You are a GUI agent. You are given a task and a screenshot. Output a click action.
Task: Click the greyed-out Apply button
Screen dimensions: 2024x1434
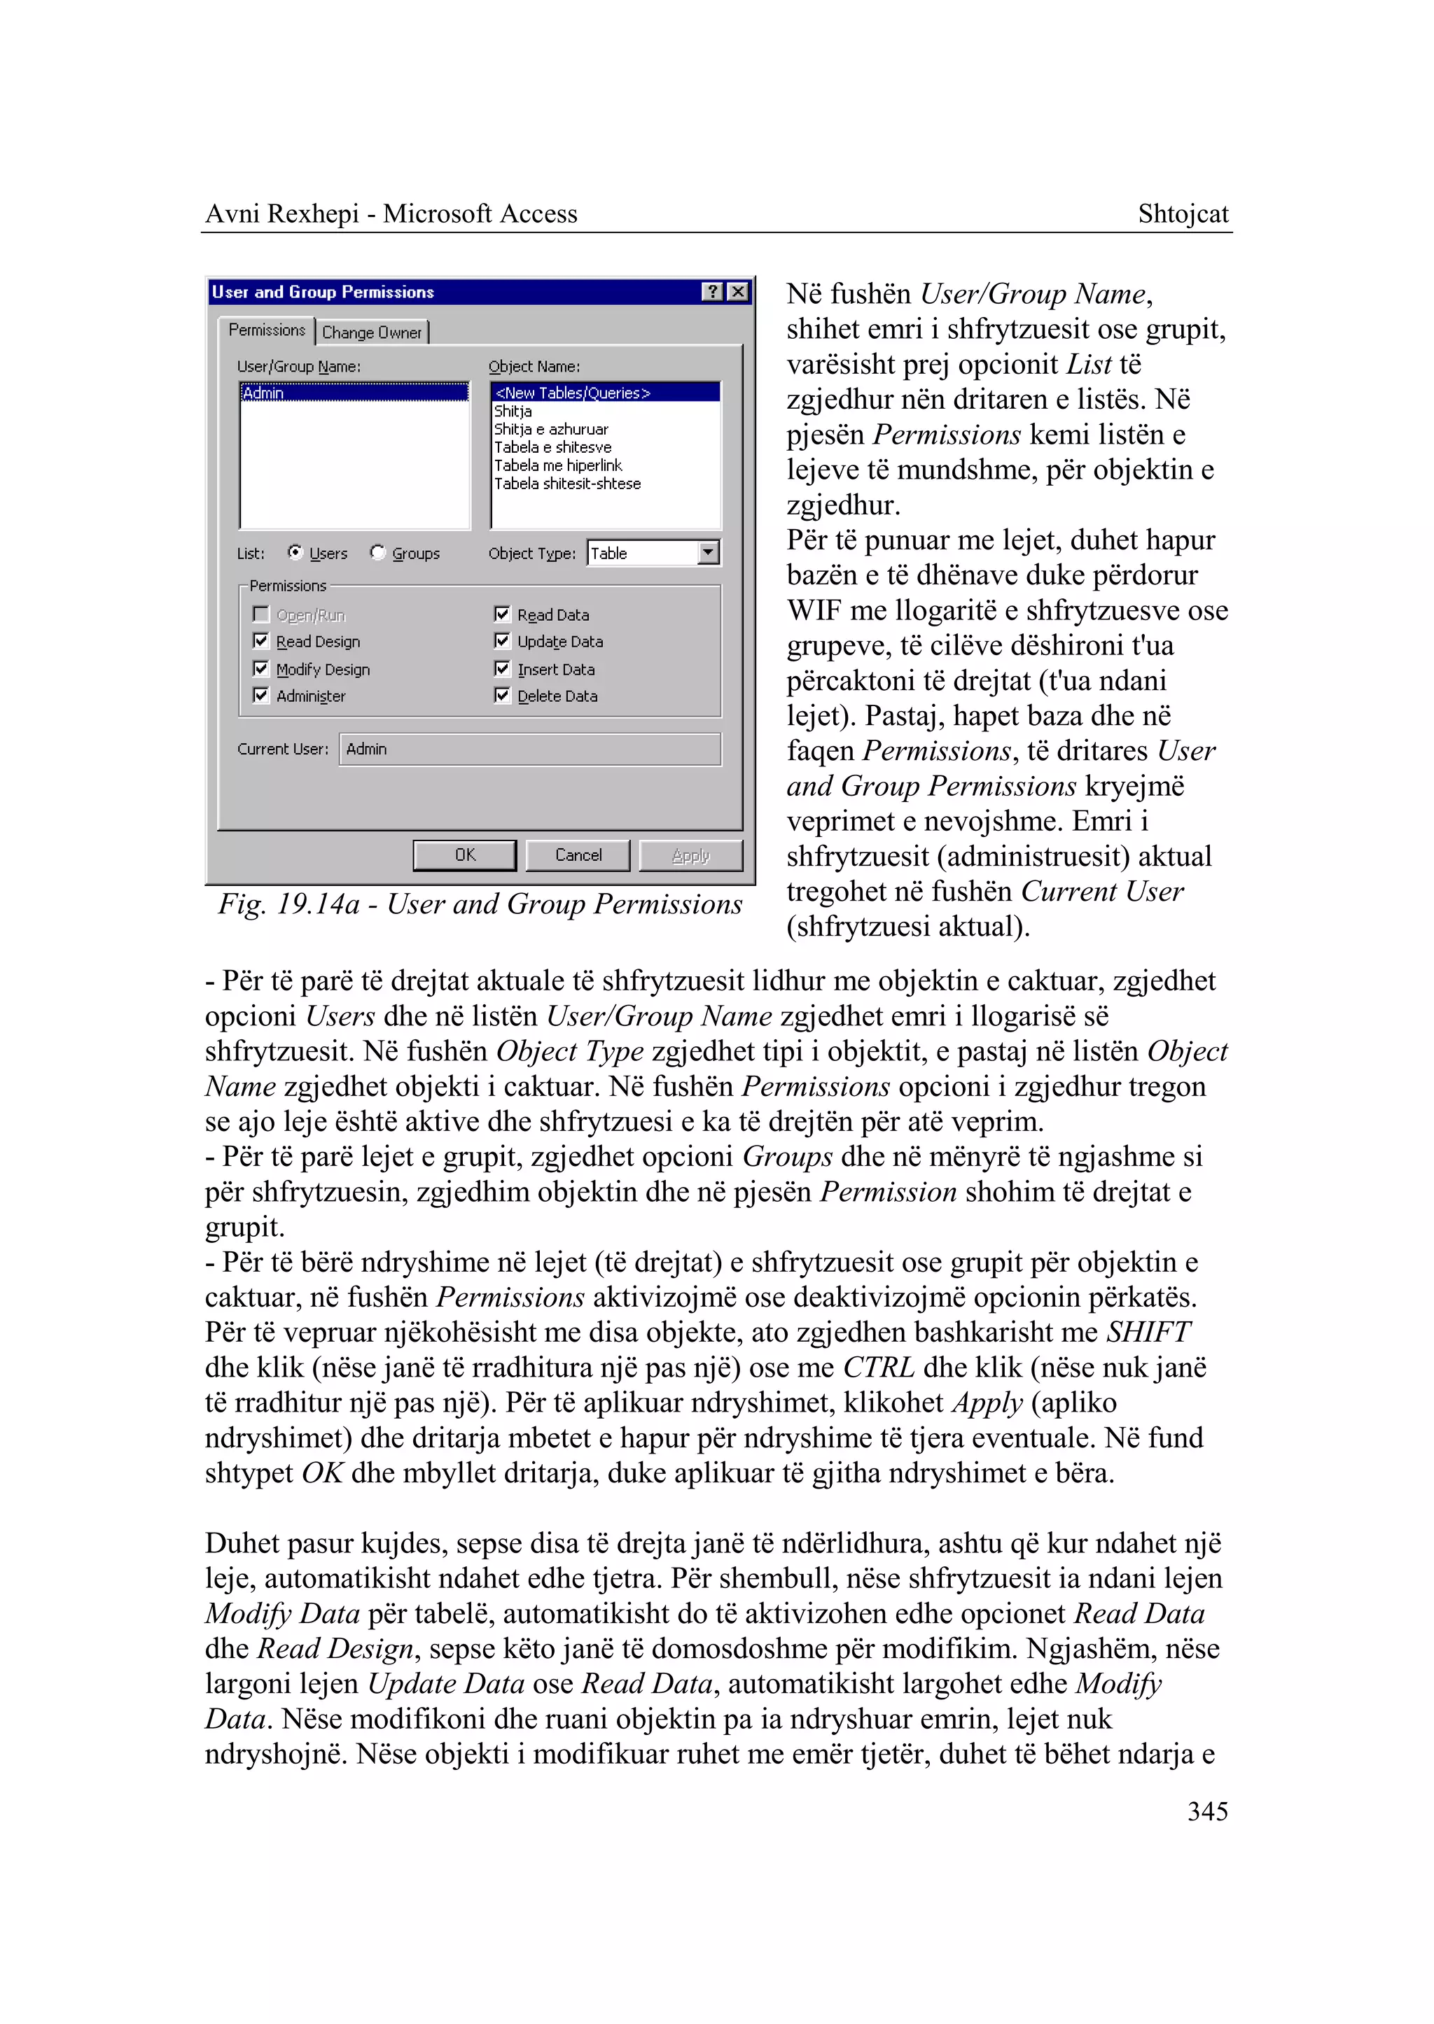[690, 855]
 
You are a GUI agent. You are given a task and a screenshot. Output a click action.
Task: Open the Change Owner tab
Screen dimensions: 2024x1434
[372, 332]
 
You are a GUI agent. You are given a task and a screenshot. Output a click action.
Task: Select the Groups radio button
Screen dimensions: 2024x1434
[378, 553]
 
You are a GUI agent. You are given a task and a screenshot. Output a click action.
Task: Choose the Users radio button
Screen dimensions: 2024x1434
[295, 553]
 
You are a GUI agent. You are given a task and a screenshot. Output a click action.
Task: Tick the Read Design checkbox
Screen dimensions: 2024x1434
[261, 641]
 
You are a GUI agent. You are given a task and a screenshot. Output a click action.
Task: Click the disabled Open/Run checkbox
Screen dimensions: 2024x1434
[261, 614]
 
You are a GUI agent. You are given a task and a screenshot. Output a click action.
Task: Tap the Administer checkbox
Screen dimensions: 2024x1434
[261, 696]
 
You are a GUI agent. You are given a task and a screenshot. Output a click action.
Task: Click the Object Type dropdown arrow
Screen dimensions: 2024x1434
[708, 553]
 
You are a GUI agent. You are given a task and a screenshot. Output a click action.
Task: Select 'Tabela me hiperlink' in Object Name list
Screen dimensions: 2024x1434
[558, 465]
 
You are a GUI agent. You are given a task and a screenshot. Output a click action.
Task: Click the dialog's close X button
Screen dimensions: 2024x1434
[738, 291]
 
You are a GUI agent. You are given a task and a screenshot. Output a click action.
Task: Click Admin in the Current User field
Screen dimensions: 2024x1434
[366, 749]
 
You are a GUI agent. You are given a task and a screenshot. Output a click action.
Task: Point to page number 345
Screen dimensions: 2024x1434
[1207, 1811]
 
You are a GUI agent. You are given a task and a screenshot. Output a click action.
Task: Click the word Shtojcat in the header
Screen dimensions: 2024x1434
[1183, 213]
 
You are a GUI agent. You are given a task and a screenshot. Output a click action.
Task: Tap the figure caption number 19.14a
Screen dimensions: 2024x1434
[319, 904]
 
